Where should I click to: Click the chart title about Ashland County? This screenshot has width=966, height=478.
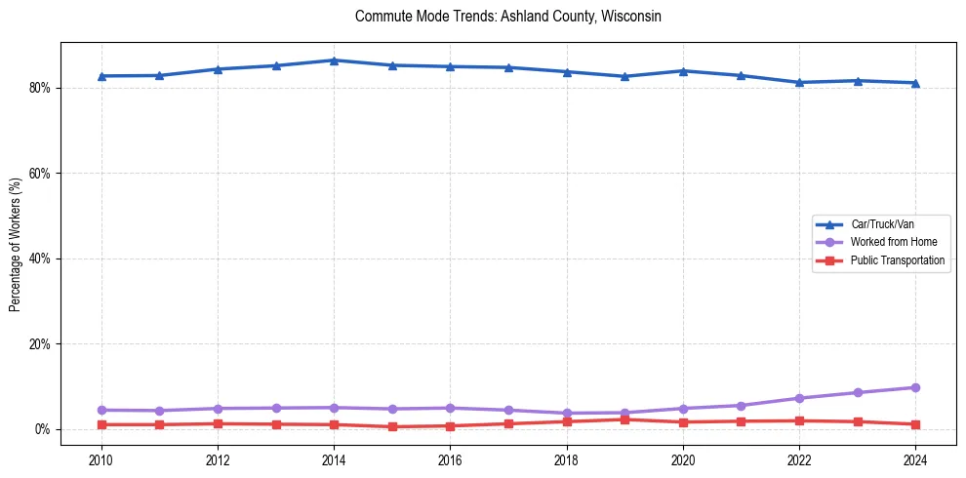coord(508,17)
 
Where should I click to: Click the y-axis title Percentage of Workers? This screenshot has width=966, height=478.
coord(16,244)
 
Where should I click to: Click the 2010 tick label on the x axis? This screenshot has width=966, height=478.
coord(101,459)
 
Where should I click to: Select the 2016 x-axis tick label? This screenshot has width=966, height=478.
coord(450,459)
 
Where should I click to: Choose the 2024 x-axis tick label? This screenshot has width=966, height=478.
coord(915,459)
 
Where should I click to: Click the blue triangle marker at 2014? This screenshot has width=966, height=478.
coord(334,60)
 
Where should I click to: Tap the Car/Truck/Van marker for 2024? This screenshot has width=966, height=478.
coord(915,83)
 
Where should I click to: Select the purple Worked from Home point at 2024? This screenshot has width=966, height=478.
coord(915,387)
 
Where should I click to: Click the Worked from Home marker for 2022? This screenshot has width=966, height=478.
coord(799,398)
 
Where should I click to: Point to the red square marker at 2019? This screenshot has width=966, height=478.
coord(624,419)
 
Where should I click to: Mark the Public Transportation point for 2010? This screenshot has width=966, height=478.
coord(101,424)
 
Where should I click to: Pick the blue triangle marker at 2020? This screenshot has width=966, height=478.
coord(683,71)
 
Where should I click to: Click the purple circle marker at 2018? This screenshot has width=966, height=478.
coord(567,414)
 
